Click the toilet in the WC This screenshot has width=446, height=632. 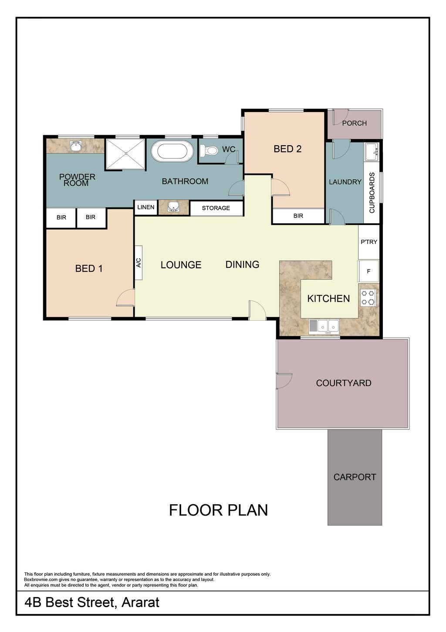click(x=209, y=151)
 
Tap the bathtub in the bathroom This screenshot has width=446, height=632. click(x=172, y=151)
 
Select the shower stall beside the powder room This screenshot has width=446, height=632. click(x=125, y=154)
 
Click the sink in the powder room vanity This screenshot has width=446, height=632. click(x=76, y=146)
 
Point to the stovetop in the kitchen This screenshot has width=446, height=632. click(x=368, y=298)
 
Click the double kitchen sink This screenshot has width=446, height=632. click(x=324, y=327)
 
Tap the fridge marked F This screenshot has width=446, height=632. click(x=368, y=271)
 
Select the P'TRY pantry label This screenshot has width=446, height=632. click(x=369, y=242)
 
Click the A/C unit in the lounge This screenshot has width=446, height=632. click(x=139, y=263)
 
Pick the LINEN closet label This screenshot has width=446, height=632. click(x=145, y=207)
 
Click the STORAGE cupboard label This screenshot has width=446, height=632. click(x=216, y=208)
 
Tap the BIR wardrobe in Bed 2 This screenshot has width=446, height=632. click(x=298, y=216)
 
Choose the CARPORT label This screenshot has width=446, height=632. click(x=355, y=477)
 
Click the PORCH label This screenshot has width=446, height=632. click(x=354, y=123)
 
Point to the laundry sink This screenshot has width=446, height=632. click(x=372, y=152)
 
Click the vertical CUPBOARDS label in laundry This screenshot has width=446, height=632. click(x=372, y=193)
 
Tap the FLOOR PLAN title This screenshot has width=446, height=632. click(x=218, y=510)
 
